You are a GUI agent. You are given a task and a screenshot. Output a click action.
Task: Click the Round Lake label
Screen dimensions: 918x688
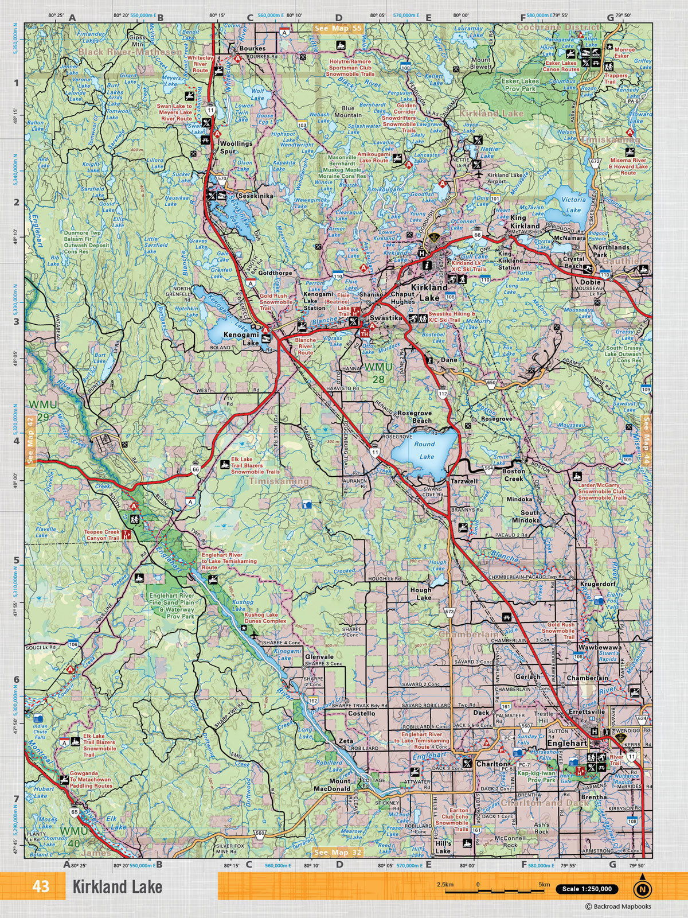pyautogui.click(x=425, y=450)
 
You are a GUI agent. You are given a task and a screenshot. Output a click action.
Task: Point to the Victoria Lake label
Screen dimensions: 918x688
pyautogui.click(x=573, y=205)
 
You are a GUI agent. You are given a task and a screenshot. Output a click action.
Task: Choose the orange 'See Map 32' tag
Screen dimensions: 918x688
pyautogui.click(x=338, y=852)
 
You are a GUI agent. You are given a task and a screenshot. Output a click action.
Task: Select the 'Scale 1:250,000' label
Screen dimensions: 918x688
pyautogui.click(x=587, y=889)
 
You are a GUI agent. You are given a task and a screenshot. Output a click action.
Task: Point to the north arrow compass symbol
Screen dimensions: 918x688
pyautogui.click(x=643, y=888)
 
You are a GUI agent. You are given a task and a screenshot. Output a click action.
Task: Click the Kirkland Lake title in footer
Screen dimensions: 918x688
pyautogui.click(x=117, y=887)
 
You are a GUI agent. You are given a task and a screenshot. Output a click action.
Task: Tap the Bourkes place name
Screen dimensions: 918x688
pyautogui.click(x=252, y=49)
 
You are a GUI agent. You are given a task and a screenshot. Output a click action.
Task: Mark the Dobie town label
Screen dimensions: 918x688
pyautogui.click(x=591, y=282)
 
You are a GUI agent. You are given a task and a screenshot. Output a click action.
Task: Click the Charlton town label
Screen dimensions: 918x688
pyautogui.click(x=492, y=764)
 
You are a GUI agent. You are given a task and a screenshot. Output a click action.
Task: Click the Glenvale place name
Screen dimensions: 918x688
pyautogui.click(x=319, y=657)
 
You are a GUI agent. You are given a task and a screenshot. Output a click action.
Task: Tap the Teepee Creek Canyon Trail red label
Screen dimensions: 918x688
pyautogui.click(x=101, y=535)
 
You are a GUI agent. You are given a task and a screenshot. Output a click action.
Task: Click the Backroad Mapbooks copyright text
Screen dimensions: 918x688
pyautogui.click(x=618, y=907)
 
